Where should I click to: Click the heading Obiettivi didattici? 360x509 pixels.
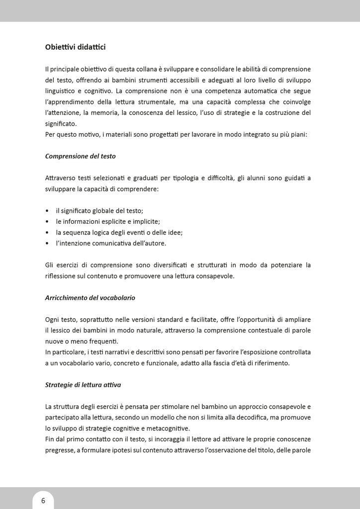tap(75, 47)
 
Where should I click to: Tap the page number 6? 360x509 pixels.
tap(43, 501)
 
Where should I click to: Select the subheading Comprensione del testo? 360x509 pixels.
tap(80, 156)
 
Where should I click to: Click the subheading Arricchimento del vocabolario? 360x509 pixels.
tap(90, 298)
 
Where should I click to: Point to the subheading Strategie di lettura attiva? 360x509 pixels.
tap(83, 384)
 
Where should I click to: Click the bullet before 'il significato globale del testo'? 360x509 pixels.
tap(47, 211)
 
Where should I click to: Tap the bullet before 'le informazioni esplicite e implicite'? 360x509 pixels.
tap(47, 222)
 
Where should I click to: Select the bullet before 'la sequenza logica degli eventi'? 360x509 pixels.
tap(47, 233)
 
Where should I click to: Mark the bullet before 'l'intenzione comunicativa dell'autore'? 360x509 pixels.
tap(47, 244)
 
